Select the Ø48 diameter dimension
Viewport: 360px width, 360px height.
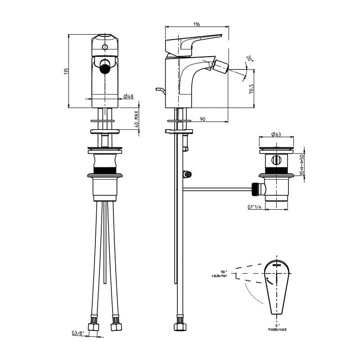coord(128,96)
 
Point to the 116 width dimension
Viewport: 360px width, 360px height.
coord(196,24)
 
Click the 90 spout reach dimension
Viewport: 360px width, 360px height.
coord(202,119)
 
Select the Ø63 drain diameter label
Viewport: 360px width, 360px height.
coord(276,134)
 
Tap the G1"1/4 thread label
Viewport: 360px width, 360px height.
coord(255,207)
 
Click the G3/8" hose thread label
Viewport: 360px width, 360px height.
coord(77,333)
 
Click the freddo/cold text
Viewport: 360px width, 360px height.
coord(277,329)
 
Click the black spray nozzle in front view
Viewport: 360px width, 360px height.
coord(104,68)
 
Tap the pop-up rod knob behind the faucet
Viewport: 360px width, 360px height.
coord(158,90)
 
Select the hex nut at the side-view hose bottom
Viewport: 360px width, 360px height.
coord(180,324)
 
